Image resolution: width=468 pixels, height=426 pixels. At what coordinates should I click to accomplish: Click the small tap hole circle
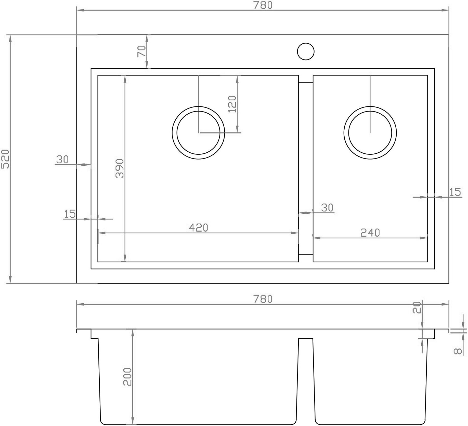(x=306, y=43)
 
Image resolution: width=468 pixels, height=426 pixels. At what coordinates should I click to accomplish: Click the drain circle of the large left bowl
(x=198, y=107)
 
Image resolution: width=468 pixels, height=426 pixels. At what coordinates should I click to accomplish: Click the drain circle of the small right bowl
(x=370, y=107)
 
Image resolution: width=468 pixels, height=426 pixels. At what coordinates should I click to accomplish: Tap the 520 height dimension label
(x=5, y=159)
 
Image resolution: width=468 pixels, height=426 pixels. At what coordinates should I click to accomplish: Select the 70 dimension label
(x=142, y=51)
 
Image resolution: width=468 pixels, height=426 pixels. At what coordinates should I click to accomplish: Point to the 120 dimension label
(x=232, y=104)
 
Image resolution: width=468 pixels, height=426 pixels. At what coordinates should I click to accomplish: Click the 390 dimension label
(x=120, y=168)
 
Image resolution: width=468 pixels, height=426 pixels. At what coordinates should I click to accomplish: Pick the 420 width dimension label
(x=199, y=228)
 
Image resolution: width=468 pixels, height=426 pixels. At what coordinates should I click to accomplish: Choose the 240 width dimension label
(x=370, y=233)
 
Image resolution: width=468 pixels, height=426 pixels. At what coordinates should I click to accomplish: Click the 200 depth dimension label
(x=127, y=377)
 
